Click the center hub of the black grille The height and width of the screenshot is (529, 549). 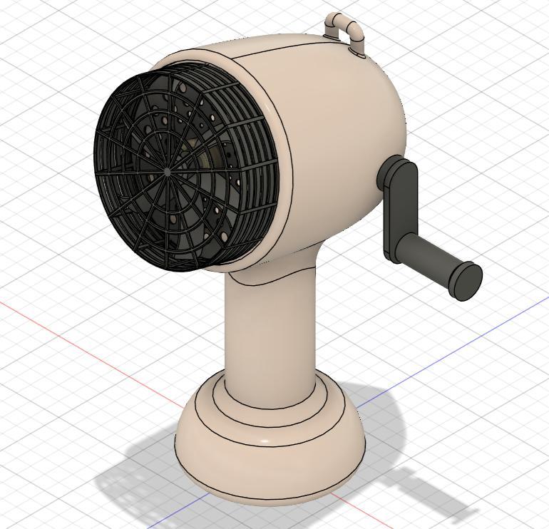click(168, 172)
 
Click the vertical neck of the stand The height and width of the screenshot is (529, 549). click(270, 335)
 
